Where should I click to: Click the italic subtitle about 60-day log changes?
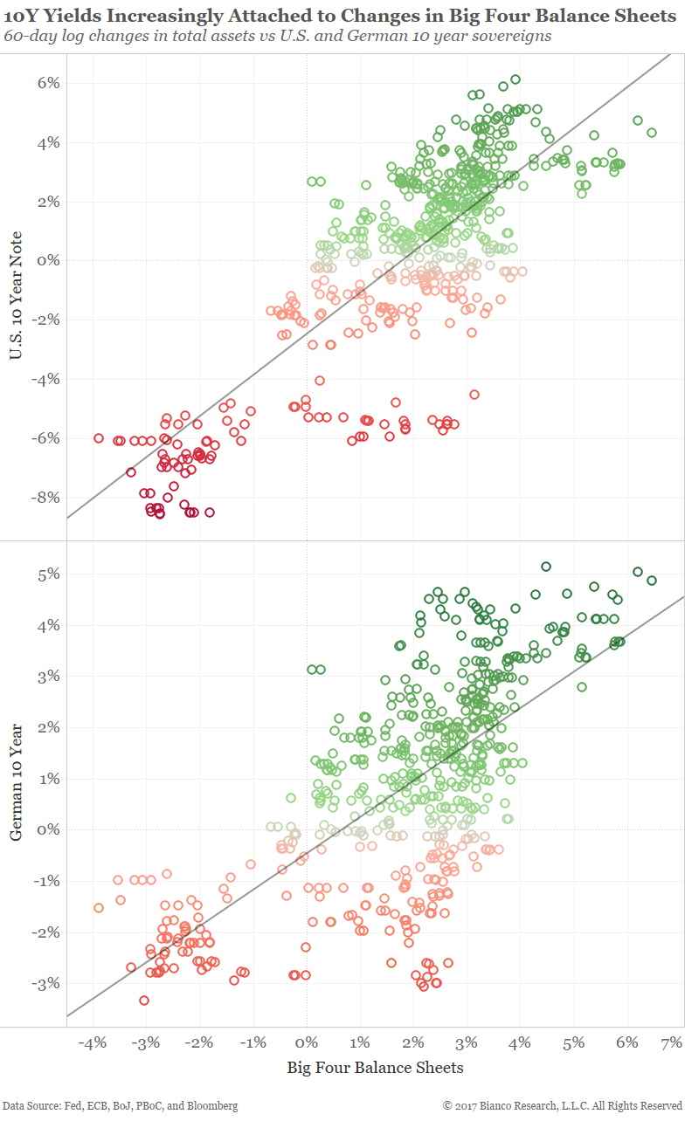click(277, 36)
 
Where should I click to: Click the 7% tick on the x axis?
click(671, 1043)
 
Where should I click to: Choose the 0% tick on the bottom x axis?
click(306, 1043)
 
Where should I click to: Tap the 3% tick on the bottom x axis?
click(467, 1043)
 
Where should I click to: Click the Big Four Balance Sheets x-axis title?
click(375, 1067)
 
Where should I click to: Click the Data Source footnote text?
click(120, 1105)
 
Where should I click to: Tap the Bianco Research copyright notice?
click(562, 1105)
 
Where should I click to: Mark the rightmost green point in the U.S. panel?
click(652, 133)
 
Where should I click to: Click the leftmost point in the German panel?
click(99, 908)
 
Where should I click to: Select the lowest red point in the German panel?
click(144, 1001)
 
